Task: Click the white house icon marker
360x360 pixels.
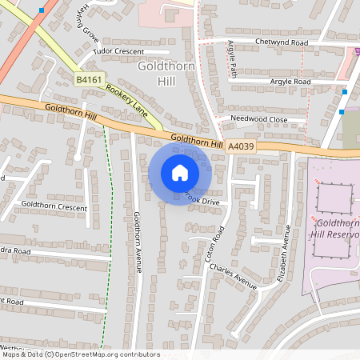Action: [180, 172]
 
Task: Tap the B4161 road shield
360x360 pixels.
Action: [90, 80]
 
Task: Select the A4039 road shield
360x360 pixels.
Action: [240, 146]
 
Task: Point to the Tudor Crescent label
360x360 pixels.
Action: [118, 50]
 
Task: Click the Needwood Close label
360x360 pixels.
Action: [258, 118]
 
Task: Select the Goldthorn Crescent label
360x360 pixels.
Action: [54, 206]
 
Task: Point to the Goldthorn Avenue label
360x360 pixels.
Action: [138, 242]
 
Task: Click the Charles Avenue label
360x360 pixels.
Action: [233, 274]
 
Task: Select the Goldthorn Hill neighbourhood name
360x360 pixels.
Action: [166, 75]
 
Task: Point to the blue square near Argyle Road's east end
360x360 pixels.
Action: [343, 91]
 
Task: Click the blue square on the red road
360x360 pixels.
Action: [41, 11]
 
